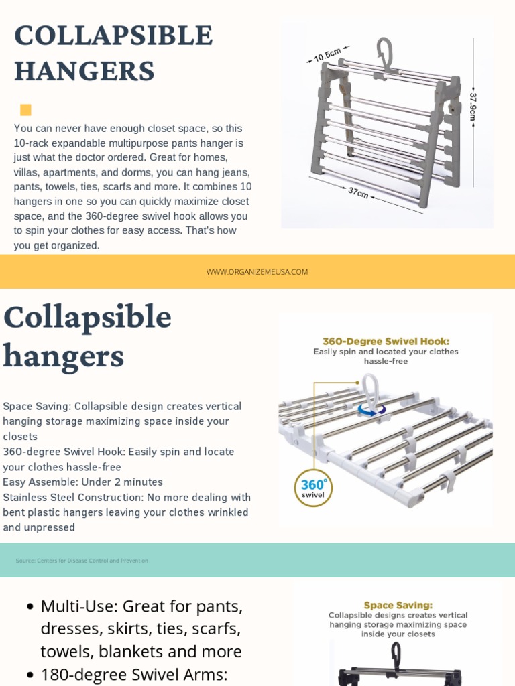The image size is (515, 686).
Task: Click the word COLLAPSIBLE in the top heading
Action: coord(113,36)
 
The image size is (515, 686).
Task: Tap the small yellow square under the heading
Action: coord(26,110)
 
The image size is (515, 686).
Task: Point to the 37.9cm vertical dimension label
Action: coord(473,107)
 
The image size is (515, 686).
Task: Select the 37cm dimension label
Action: coord(358,192)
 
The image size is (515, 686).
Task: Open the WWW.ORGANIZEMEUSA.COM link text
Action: coord(257,272)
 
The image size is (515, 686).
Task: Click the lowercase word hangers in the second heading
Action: coord(63,356)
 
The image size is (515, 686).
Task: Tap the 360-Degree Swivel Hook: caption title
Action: coord(386,341)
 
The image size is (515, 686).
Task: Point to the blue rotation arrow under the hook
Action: coord(371,409)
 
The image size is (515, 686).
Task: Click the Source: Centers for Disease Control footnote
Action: coord(82,561)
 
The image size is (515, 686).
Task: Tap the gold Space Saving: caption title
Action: coord(398,605)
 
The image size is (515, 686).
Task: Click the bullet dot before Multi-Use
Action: coord(30,607)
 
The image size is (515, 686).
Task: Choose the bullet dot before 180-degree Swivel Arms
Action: coord(30,675)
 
